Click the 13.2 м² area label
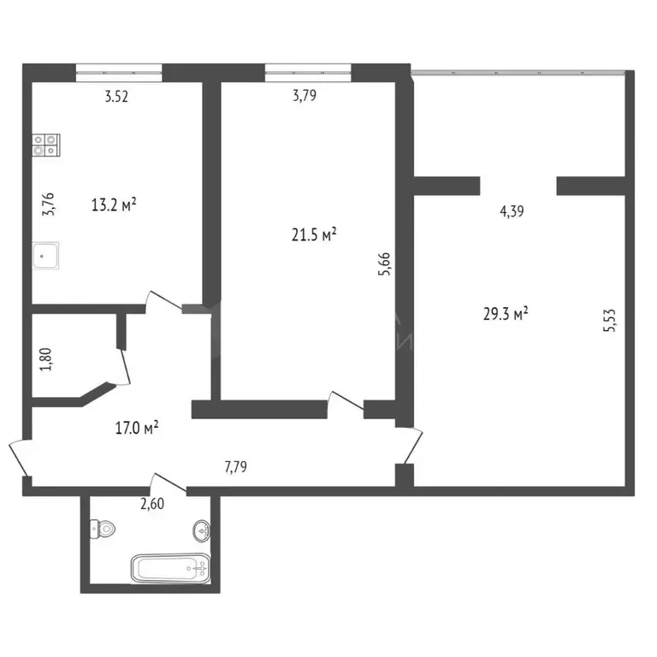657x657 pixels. coord(114,204)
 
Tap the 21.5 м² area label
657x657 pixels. coord(315,235)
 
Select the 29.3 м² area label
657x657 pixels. coord(506,314)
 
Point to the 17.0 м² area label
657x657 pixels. coord(136,427)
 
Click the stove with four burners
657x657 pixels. coord(46,146)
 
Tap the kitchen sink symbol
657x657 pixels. coord(46,255)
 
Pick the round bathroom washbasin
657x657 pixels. coord(201,530)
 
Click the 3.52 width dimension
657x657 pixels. coord(116,97)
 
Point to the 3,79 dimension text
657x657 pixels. coord(305,97)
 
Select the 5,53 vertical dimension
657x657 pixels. coord(609,324)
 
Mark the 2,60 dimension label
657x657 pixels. coord(153,504)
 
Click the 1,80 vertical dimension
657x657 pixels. coord(49,357)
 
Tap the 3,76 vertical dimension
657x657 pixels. coord(49,204)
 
